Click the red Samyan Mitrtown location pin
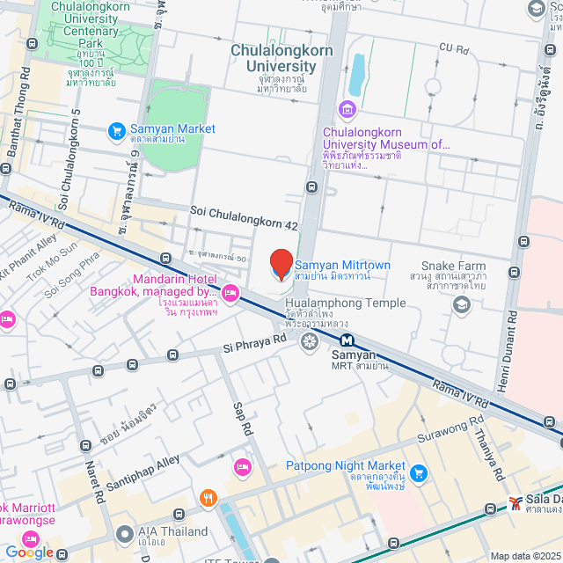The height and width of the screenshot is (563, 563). coord(281,264)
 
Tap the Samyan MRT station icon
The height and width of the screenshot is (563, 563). coord(348,340)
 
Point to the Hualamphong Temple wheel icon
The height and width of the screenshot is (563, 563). coord(309,340)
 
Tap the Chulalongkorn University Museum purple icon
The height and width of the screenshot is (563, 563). coord(346,110)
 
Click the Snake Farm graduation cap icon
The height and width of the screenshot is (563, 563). coord(461,303)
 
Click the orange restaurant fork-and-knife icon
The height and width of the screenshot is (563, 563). coord(208,499)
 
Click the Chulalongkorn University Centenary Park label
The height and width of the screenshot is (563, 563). coord(86,24)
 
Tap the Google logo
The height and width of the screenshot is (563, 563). coord(30,552)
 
